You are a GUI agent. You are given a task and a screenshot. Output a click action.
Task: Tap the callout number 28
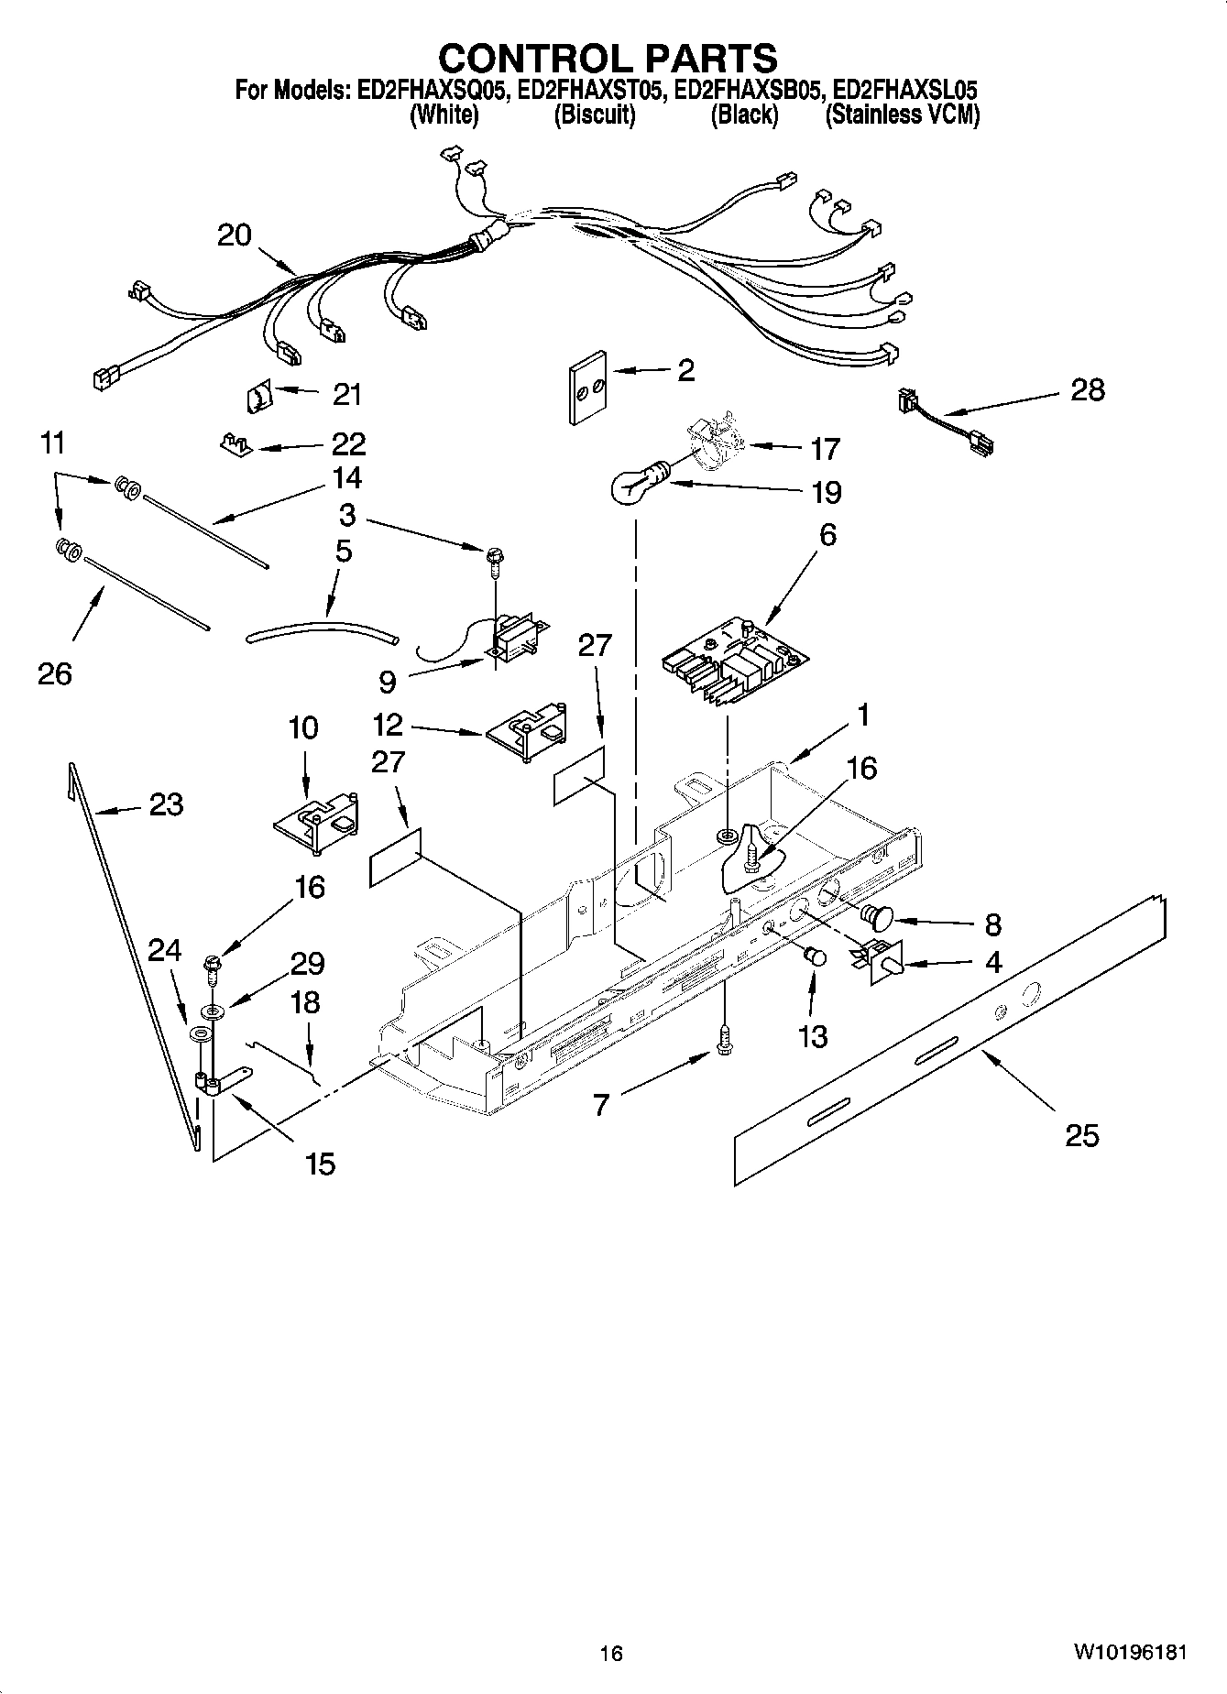(1087, 389)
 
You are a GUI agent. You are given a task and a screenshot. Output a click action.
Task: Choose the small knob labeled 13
(814, 957)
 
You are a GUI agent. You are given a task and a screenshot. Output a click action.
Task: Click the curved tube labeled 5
(321, 630)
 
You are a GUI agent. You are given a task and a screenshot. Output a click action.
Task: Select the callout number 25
(1081, 1136)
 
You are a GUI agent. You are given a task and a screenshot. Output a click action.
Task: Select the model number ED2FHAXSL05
(905, 91)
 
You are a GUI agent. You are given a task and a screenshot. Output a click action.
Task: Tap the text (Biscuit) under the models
(595, 115)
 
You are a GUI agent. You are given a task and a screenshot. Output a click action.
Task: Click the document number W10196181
(1132, 1652)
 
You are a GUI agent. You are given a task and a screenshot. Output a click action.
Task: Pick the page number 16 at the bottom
(611, 1653)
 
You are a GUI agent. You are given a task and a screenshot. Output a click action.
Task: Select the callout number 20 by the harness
(235, 235)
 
